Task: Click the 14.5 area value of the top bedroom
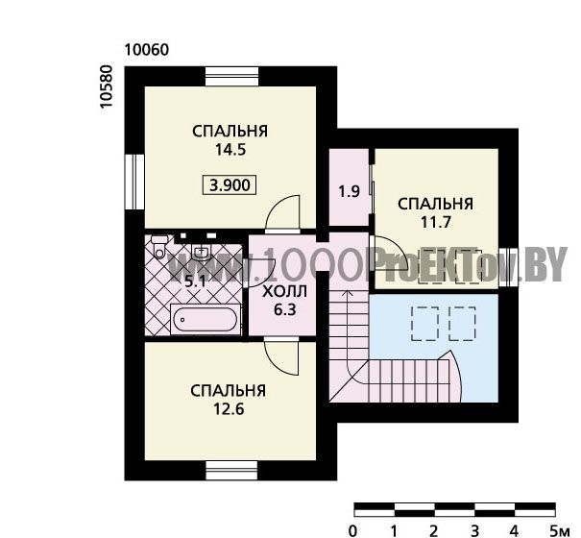coord(230,150)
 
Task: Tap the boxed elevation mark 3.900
coord(230,184)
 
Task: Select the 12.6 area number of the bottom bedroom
coord(229,409)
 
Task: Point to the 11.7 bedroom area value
coord(435,223)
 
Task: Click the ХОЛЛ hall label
coord(284,291)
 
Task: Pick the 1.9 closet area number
coord(349,192)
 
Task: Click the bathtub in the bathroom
coord(206,319)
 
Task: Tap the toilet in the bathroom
coord(159,246)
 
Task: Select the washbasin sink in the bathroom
coord(202,252)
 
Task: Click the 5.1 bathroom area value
coord(195,282)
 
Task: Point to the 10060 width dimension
coord(147,50)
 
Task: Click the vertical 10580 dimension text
coord(106,86)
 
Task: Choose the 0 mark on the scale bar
coord(353,531)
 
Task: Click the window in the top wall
coord(232,76)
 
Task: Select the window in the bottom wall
coord(232,471)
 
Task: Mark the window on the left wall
coord(134,182)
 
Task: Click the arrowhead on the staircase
coord(347,294)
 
